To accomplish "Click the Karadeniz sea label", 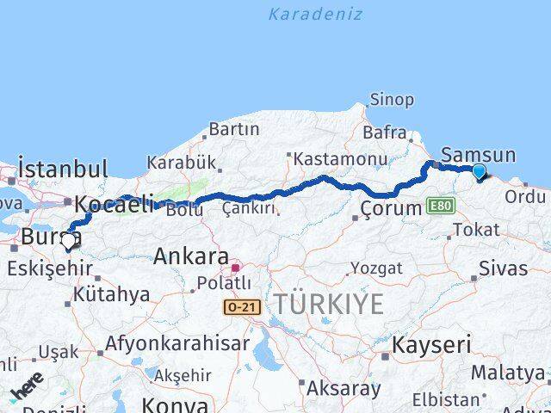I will pyautogui.click(x=314, y=15).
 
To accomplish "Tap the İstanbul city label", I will pyautogui.click(x=63, y=168).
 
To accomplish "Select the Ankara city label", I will pyautogui.click(x=191, y=256).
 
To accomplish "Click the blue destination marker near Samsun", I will pyautogui.click(x=479, y=172).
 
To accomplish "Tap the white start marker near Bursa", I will pyautogui.click(x=68, y=243).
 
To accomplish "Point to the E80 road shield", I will pyautogui.click(x=439, y=206).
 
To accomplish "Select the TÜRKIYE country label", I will pyautogui.click(x=329, y=303).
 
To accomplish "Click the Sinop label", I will pyautogui.click(x=392, y=100).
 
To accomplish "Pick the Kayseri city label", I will pyautogui.click(x=431, y=345).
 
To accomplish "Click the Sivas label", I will pyautogui.click(x=504, y=268).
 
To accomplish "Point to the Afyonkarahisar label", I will pyautogui.click(x=178, y=344).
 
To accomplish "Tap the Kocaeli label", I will pyautogui.click(x=114, y=205).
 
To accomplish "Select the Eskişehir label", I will pyautogui.click(x=49, y=268).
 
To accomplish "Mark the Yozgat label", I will pyautogui.click(x=376, y=268).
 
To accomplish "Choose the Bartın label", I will pyautogui.click(x=234, y=129).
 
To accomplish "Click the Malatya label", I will pyautogui.click(x=508, y=373).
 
